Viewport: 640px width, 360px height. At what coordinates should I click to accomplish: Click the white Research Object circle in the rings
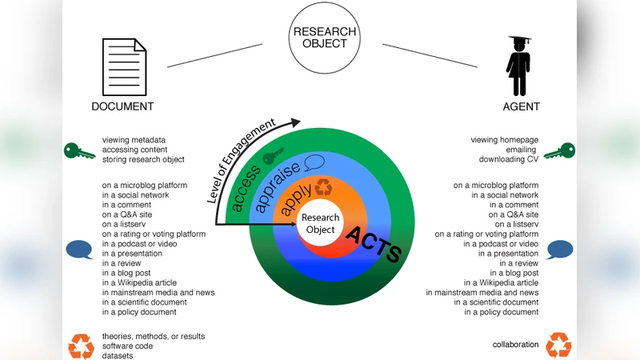pos(321,224)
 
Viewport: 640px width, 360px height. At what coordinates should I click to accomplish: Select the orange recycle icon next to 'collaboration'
pos(558,346)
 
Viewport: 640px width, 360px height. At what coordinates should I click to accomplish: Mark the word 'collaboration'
pos(515,345)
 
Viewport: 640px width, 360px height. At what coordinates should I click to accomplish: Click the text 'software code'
pos(127,346)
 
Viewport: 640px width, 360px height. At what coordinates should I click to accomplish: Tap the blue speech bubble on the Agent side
pos(559,250)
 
